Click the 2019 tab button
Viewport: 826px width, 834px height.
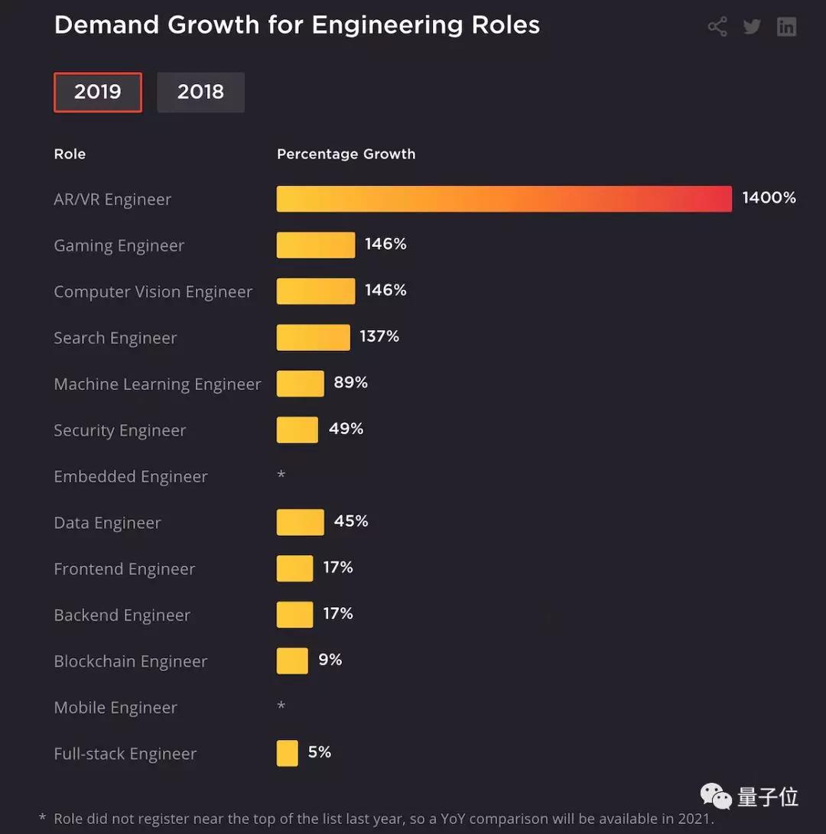click(98, 92)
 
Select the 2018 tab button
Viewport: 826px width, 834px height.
click(200, 92)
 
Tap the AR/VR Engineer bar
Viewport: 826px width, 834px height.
click(504, 199)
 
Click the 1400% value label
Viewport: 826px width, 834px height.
click(769, 198)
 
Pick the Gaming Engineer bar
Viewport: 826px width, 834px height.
click(316, 245)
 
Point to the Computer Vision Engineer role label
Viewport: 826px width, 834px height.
click(153, 292)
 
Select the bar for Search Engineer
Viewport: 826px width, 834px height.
click(313, 337)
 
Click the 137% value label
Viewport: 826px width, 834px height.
click(379, 336)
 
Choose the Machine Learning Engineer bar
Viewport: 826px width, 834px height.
click(300, 384)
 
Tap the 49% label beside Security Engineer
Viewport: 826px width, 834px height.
click(346, 429)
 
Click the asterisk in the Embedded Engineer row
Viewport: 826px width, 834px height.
click(281, 475)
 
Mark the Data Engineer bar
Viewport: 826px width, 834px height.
click(300, 522)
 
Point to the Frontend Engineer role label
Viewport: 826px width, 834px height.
click(125, 569)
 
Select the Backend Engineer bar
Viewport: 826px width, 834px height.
click(294, 615)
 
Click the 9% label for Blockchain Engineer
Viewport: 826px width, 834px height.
click(330, 660)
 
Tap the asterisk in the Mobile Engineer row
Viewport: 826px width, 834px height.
click(281, 706)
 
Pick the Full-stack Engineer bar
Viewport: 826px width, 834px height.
click(287, 753)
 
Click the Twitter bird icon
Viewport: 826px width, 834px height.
click(752, 27)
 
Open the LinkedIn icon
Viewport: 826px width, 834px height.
click(786, 27)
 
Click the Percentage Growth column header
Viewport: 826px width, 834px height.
click(346, 154)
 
